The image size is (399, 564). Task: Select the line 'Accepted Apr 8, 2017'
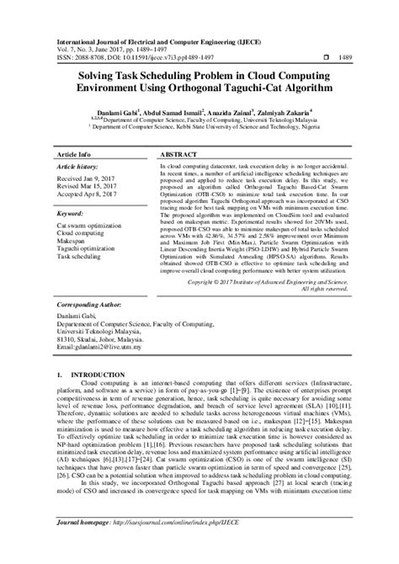tap(87, 194)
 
